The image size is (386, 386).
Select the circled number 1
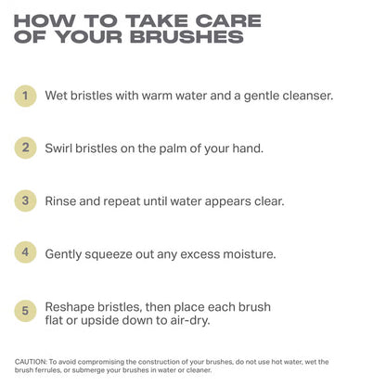(28, 95)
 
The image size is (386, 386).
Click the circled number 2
(28, 147)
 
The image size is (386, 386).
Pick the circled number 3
(28, 199)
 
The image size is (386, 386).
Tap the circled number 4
(28, 251)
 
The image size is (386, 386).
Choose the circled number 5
(28, 311)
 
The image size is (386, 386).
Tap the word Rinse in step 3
(65, 199)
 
